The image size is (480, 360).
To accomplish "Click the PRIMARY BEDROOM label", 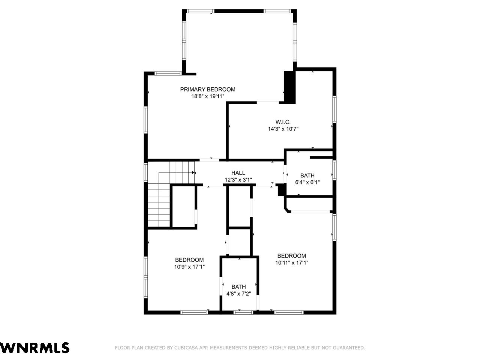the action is [x=207, y=89].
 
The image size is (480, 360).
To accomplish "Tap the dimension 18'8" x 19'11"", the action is [x=208, y=96].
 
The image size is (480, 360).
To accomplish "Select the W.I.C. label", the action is [x=283, y=122].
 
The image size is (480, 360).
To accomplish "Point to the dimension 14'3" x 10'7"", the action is [x=283, y=129].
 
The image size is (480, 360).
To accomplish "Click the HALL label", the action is [x=238, y=173].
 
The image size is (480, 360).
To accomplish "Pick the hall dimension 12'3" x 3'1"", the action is [x=238, y=180].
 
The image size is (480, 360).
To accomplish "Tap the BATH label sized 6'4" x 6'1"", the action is [x=307, y=175].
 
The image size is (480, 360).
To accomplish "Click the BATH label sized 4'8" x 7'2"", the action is [x=238, y=287].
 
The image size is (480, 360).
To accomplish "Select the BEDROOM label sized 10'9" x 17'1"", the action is [x=189, y=260].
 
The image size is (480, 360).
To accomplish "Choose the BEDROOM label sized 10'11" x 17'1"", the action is [x=291, y=256].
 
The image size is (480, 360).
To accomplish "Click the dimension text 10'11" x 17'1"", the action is [x=292, y=262].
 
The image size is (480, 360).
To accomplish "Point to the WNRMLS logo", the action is [x=34, y=348].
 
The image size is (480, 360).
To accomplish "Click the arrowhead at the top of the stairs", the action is [x=193, y=172].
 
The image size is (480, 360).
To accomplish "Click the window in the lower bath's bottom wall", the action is [x=243, y=313].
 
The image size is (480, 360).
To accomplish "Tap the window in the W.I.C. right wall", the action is [x=334, y=109].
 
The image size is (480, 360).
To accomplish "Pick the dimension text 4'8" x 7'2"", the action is [x=238, y=294].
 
